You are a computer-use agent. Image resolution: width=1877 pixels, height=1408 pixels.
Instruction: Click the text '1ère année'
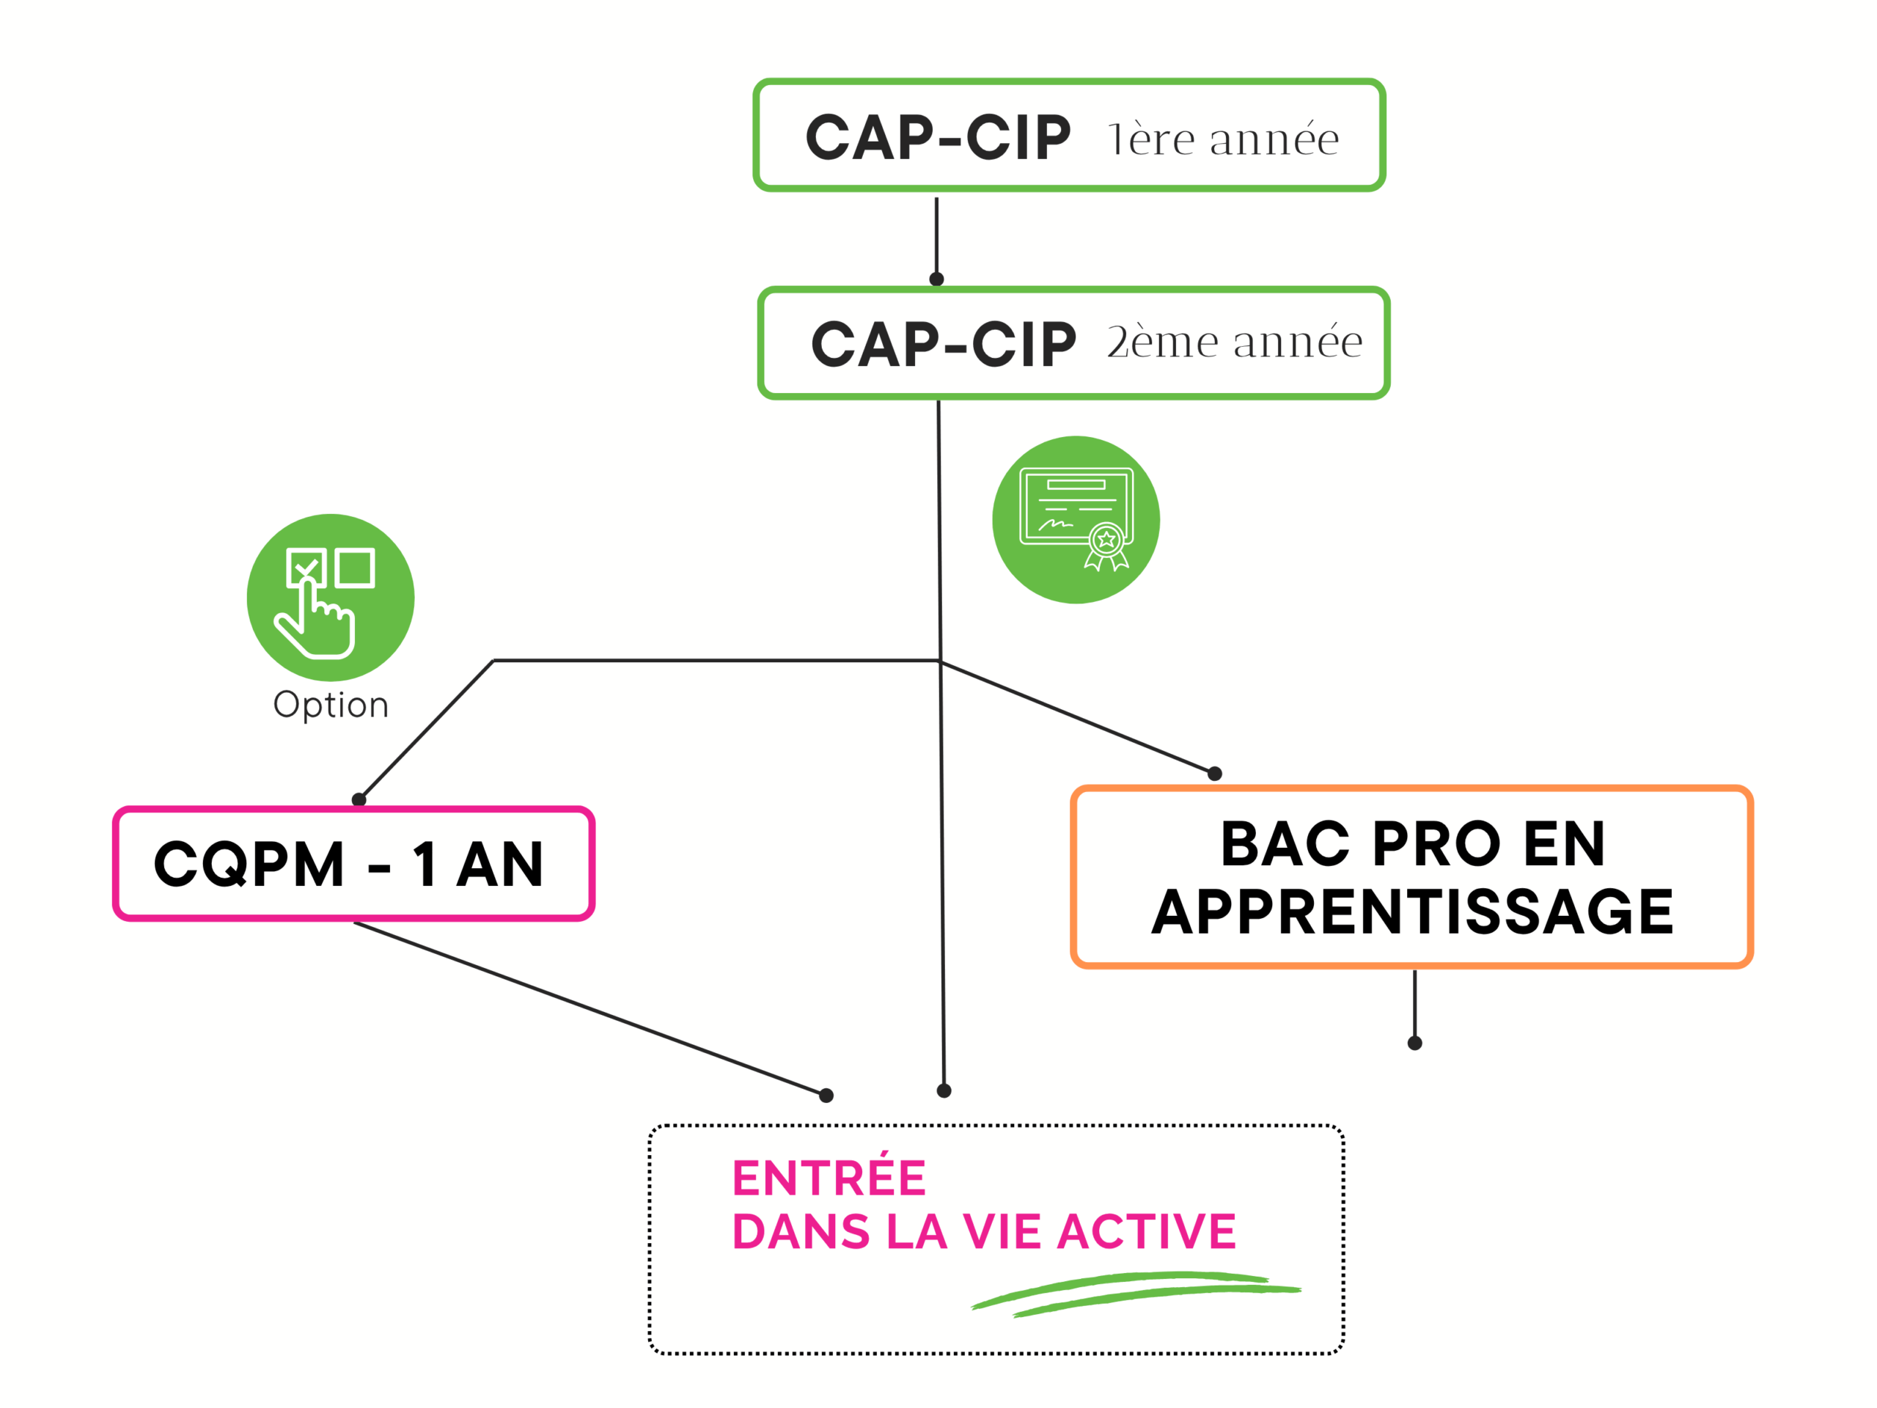1223,139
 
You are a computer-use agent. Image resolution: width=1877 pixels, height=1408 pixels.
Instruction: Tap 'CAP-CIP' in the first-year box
938,137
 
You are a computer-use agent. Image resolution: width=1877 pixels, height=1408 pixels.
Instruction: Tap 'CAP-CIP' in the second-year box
943,345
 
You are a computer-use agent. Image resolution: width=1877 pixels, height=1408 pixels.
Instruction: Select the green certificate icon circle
1075,519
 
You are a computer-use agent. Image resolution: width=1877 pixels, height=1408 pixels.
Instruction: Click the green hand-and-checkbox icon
330,598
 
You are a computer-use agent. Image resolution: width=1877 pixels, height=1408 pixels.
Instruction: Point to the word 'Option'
330,705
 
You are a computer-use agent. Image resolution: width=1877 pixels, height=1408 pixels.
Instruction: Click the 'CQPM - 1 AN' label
349,864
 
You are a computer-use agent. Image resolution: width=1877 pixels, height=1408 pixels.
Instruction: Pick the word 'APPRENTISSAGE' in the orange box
1412,912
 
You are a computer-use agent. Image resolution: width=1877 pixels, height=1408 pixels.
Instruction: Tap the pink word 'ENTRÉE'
829,1177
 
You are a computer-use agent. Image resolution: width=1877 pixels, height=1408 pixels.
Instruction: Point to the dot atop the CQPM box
359,799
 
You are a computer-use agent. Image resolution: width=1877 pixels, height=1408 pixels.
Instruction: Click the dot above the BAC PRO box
1214,773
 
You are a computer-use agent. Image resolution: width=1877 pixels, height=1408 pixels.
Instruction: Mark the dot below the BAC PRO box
1414,1043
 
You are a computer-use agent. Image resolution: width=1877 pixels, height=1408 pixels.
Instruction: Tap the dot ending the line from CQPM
826,1095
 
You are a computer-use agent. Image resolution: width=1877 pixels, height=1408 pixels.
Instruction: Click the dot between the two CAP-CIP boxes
937,279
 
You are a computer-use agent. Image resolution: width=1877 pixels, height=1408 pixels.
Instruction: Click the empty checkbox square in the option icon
355,567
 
